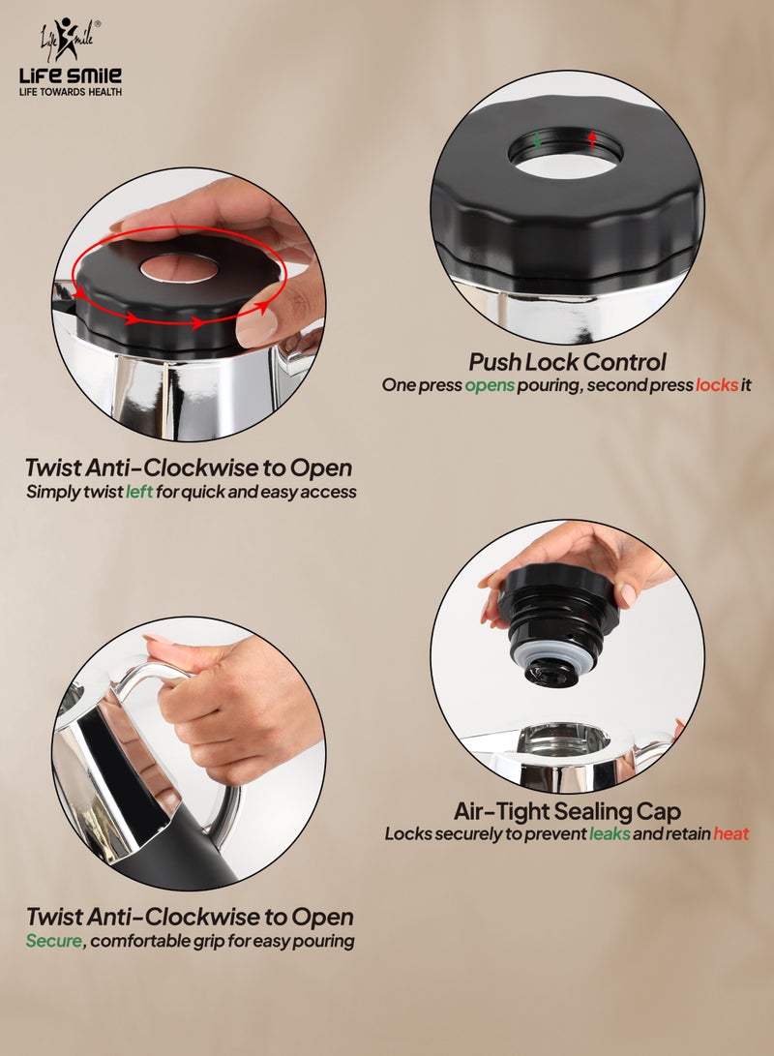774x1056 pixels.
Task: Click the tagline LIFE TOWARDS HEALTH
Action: pyautogui.click(x=71, y=92)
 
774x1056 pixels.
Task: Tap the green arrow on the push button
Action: pyautogui.click(x=538, y=140)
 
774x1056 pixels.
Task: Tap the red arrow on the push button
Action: pyautogui.click(x=592, y=140)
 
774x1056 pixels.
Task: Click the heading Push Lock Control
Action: pyautogui.click(x=567, y=363)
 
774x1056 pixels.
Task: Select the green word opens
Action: pyautogui.click(x=490, y=384)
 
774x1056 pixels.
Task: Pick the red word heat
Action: pyautogui.click(x=730, y=833)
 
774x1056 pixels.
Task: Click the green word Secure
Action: pyautogui.click(x=54, y=940)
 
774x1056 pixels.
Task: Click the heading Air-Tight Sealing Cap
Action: pyautogui.click(x=567, y=811)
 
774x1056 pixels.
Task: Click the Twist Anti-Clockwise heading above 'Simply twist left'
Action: pyautogui.click(x=189, y=468)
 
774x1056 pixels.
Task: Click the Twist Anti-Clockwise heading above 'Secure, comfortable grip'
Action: pyautogui.click(x=190, y=917)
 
